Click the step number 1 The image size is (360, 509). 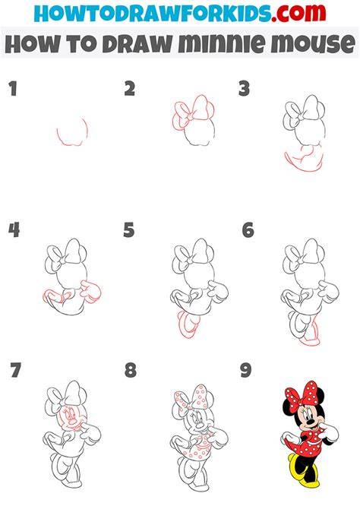point(13,89)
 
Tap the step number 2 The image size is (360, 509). point(130,89)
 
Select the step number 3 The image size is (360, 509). point(244,89)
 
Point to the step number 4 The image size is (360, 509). point(14,229)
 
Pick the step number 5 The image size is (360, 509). point(129,229)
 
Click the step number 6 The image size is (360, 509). point(248,229)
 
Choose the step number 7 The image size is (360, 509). point(15,370)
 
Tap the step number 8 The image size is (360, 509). point(130,370)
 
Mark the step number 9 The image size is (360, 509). point(246,370)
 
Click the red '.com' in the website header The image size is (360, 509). point(298,13)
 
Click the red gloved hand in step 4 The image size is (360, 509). point(91,292)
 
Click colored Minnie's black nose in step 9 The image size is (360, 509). point(311,422)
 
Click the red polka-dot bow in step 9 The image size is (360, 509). point(301,394)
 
